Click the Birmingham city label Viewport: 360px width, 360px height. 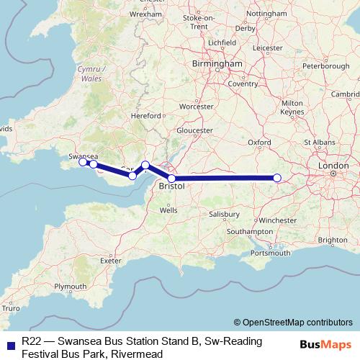(x=217, y=64)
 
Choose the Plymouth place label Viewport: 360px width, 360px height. (x=70, y=286)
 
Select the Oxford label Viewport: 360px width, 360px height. (x=259, y=143)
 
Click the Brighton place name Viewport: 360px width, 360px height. (x=333, y=240)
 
